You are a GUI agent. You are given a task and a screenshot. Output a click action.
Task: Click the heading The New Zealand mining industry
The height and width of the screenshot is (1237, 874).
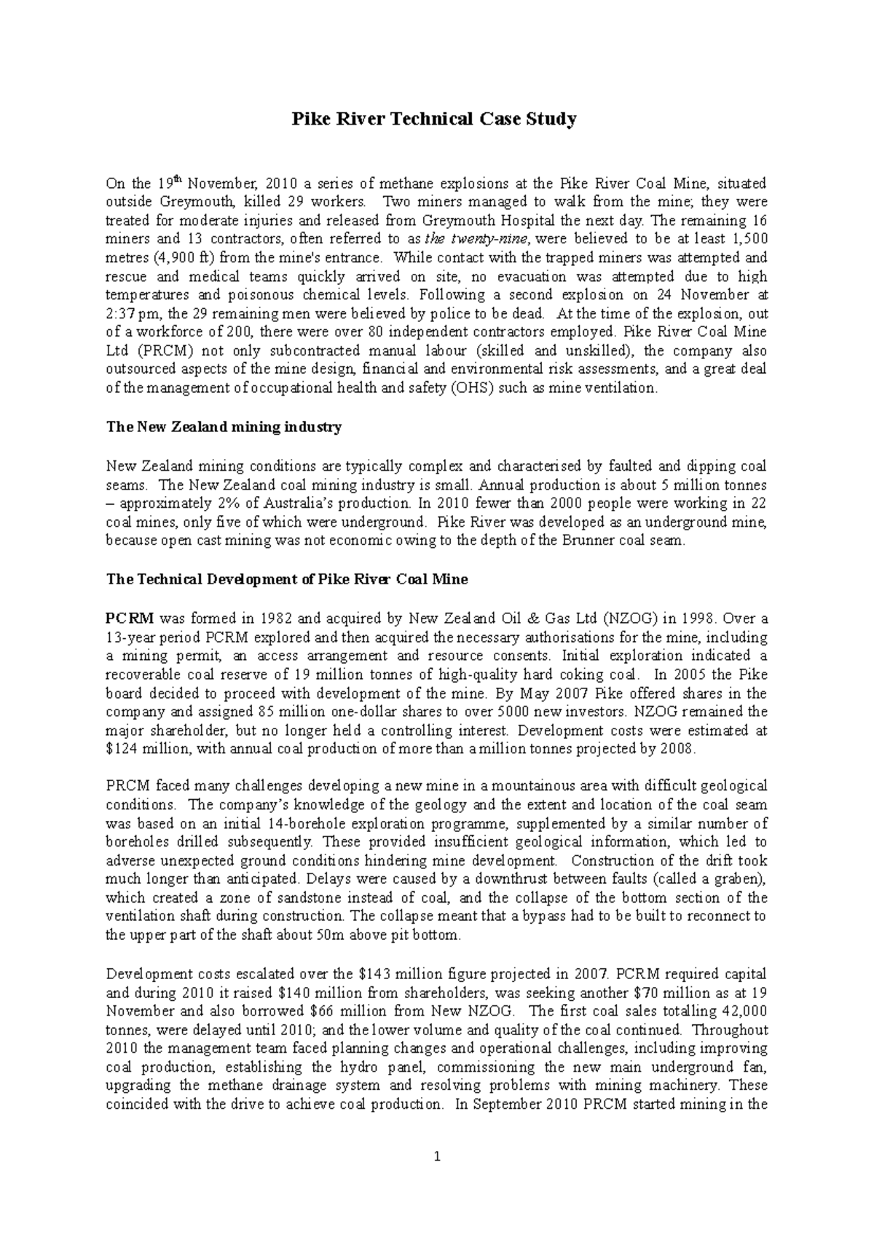pyautogui.click(x=224, y=428)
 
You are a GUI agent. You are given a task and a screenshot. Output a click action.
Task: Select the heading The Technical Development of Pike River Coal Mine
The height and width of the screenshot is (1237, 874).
pyautogui.click(x=287, y=580)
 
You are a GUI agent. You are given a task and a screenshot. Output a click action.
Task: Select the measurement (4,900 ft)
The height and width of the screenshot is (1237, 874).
pyautogui.click(x=180, y=258)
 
